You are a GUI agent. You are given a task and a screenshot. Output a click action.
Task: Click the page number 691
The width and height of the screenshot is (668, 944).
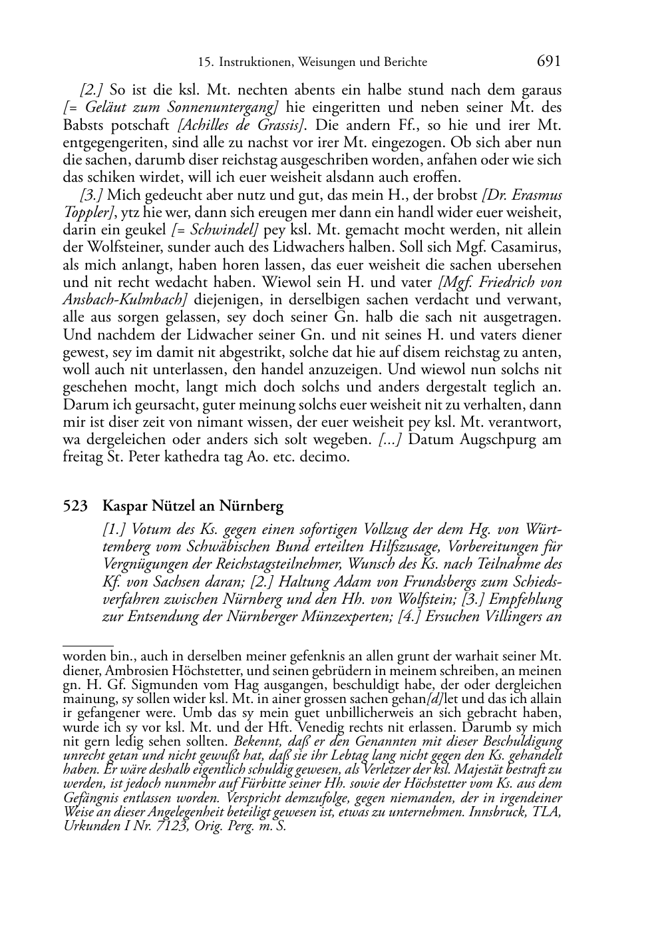[548, 61]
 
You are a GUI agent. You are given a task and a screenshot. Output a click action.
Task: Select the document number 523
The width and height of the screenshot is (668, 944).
[75, 507]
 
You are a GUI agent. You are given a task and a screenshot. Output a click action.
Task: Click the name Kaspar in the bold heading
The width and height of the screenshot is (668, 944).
[124, 507]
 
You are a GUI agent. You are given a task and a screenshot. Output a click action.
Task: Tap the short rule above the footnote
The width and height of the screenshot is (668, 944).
[87, 645]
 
